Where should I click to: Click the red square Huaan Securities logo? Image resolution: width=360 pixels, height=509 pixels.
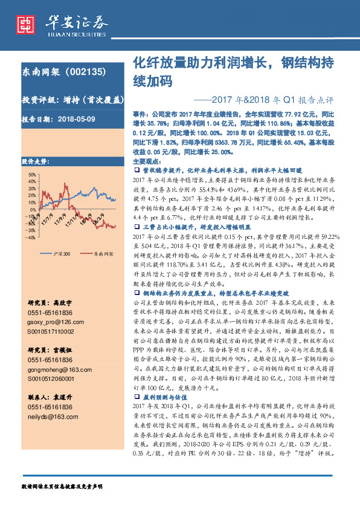25,24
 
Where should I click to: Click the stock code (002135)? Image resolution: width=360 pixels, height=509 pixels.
82,71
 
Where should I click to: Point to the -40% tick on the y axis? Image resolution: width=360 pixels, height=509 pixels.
30,221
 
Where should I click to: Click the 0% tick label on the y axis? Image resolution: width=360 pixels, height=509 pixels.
33,200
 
